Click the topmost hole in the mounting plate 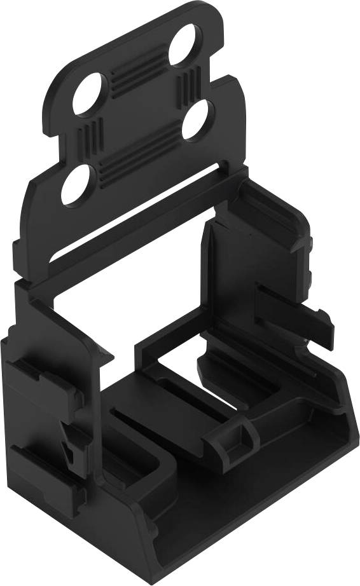(x=185, y=44)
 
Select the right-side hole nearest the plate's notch (x=198, y=121)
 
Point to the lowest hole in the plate (x=76, y=184)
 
